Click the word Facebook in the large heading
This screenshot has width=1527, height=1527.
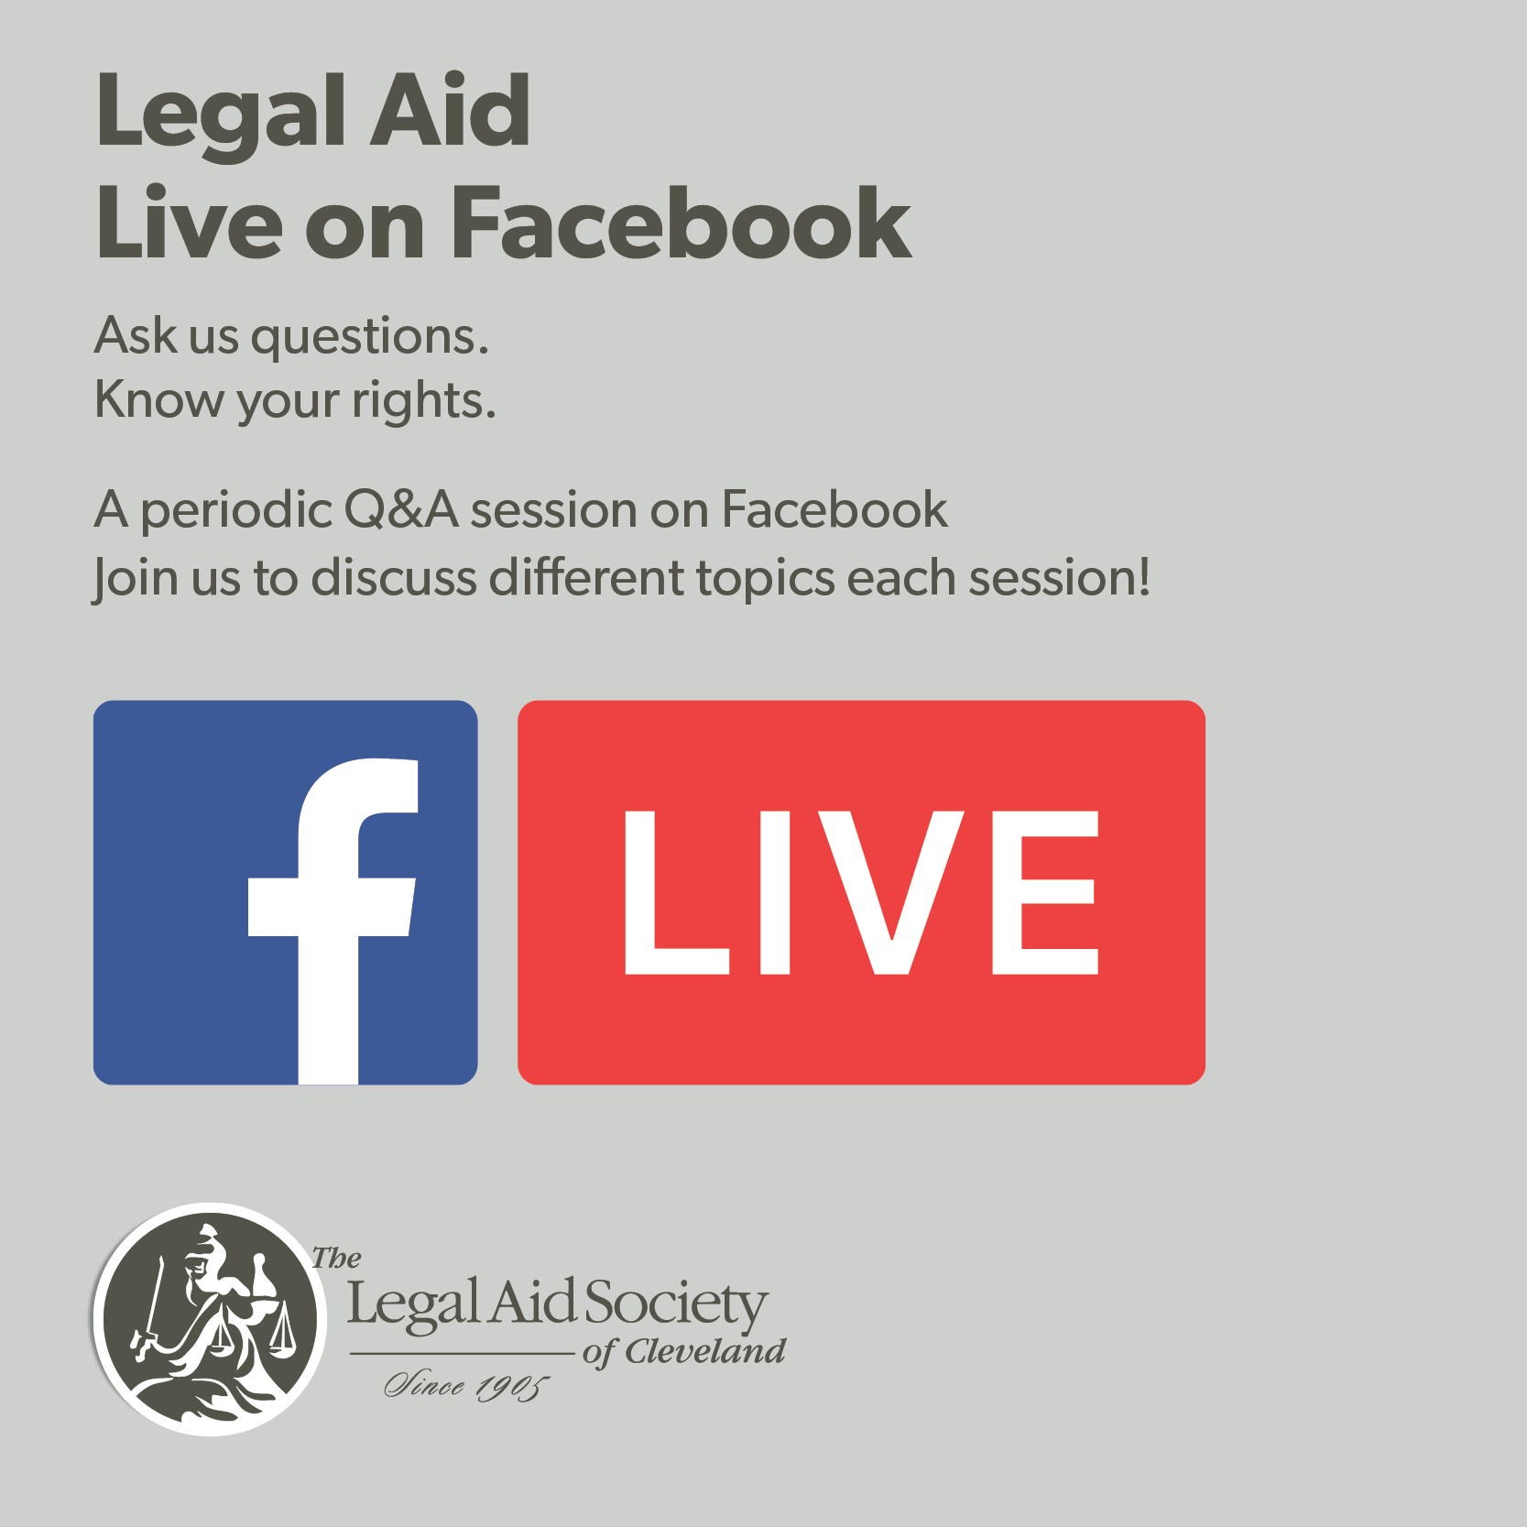[x=682, y=222]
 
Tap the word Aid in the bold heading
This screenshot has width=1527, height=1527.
[x=449, y=110]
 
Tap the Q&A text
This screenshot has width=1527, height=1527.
[x=401, y=509]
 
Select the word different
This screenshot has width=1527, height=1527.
[x=587, y=578]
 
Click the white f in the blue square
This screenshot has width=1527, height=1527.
[x=332, y=922]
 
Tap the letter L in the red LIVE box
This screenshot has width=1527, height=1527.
[x=676, y=892]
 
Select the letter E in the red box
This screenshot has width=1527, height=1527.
[x=1045, y=892]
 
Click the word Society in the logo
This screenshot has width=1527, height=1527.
[x=676, y=1304]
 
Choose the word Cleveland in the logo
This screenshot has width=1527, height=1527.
[x=705, y=1351]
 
